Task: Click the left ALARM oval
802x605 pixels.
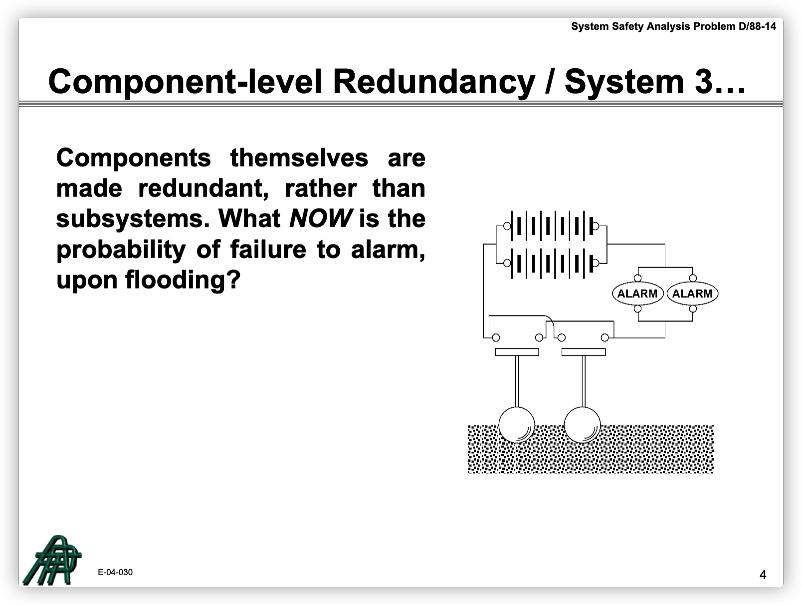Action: [x=637, y=294]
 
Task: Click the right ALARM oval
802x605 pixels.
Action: [x=692, y=294]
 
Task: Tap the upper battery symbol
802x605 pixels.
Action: [x=551, y=226]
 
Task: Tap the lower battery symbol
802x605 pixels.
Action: [x=551, y=263]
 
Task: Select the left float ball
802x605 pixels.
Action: [x=517, y=425]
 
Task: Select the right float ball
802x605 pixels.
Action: [x=583, y=425]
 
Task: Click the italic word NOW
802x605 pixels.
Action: [x=320, y=218]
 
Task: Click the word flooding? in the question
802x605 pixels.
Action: [x=183, y=281]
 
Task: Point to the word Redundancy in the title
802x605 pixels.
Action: [x=434, y=82]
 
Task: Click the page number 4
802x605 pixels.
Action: [x=763, y=575]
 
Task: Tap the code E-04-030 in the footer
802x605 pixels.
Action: [x=115, y=572]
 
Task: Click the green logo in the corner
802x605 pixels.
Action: [x=52, y=560]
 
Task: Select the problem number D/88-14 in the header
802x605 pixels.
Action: [x=757, y=26]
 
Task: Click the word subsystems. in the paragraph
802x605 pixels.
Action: [x=133, y=219]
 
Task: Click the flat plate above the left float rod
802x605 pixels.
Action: [x=517, y=352]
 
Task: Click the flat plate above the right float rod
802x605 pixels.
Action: [x=584, y=352]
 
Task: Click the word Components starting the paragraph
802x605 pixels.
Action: [x=133, y=158]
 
